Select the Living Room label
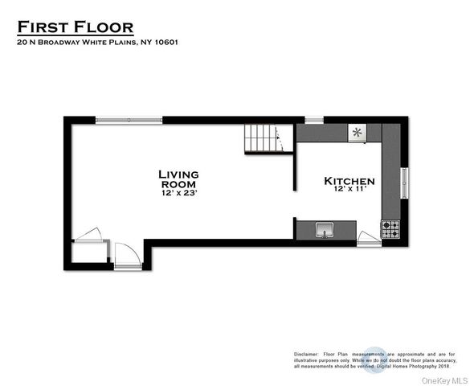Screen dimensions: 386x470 point(178,179)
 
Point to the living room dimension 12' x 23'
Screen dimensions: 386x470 point(178,194)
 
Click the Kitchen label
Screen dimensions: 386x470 point(349,182)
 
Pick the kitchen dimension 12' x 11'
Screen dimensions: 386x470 point(349,191)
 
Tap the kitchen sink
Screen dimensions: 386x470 point(325,230)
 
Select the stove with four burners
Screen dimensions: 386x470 point(390,230)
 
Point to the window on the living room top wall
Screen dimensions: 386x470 point(128,120)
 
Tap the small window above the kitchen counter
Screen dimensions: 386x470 point(314,120)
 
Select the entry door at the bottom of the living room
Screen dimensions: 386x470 point(126,257)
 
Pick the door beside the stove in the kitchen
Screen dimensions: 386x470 point(368,237)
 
